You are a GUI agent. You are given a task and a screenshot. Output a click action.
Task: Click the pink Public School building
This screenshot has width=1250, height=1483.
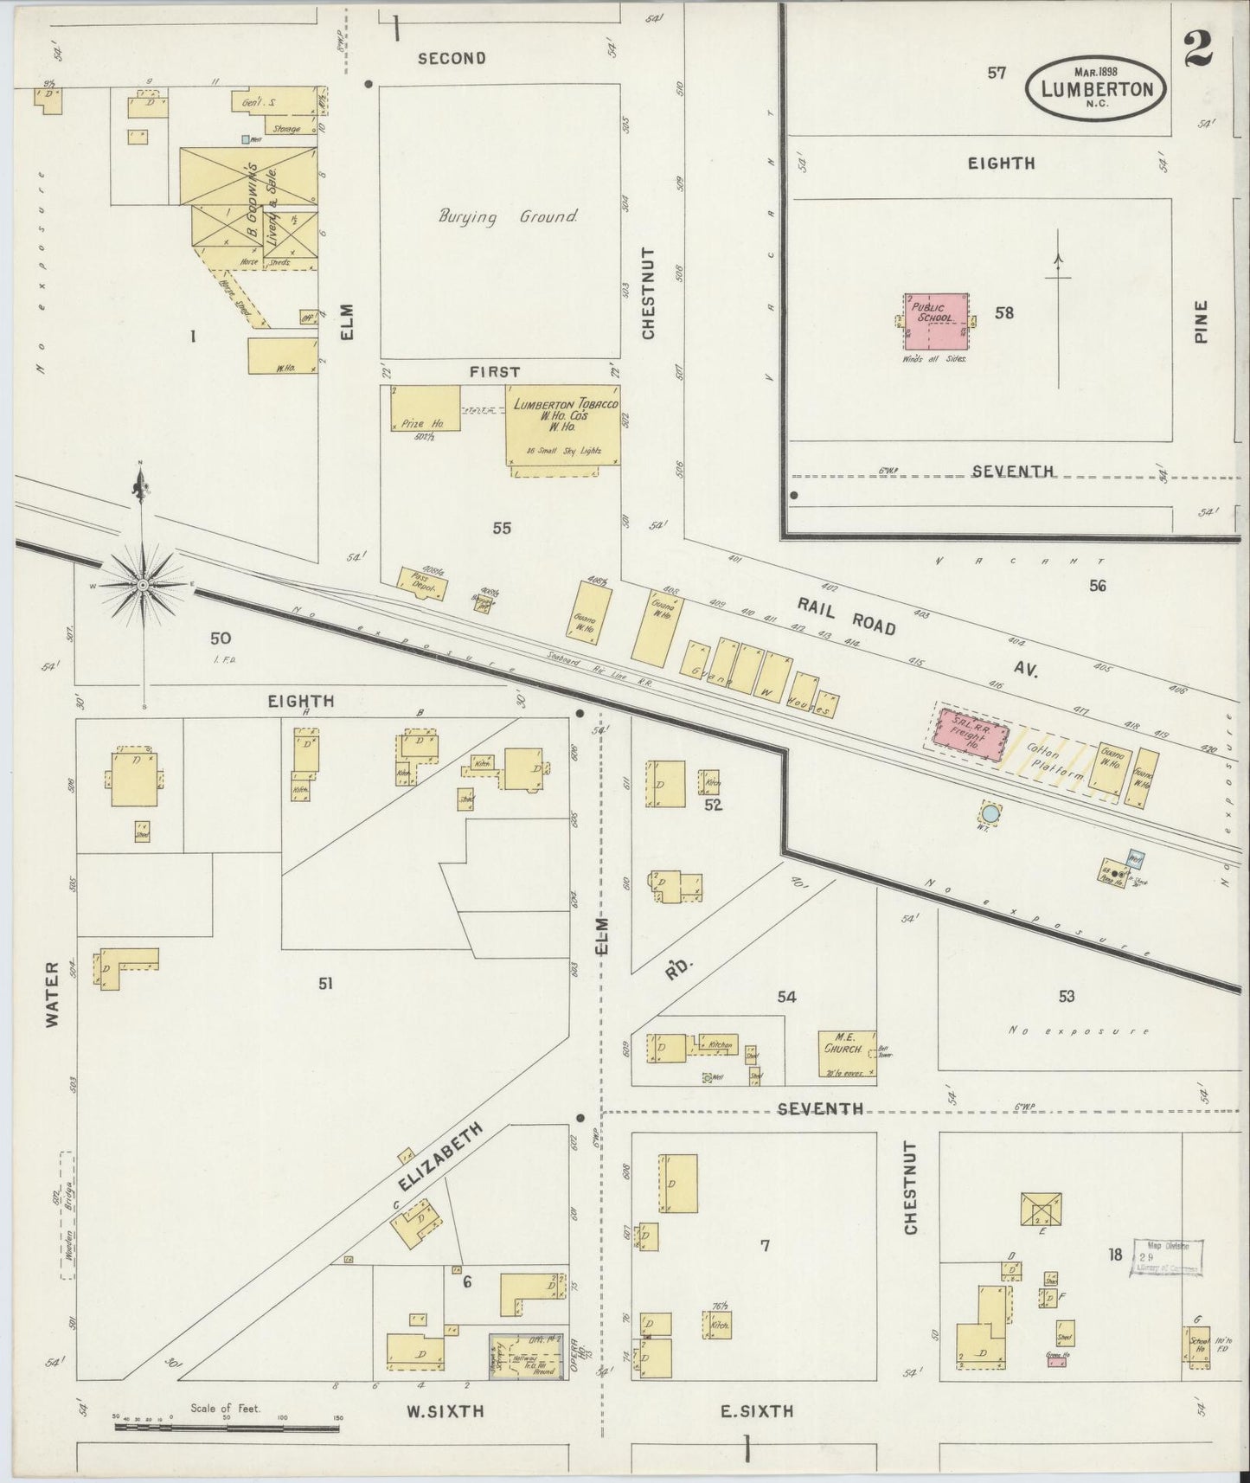click(x=936, y=321)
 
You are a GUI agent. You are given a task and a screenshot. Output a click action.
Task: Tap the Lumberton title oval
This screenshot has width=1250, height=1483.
click(x=1096, y=88)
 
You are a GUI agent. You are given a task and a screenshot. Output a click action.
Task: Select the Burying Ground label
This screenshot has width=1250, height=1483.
click(x=508, y=216)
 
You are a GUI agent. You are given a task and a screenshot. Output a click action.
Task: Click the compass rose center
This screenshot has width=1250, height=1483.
click(x=142, y=586)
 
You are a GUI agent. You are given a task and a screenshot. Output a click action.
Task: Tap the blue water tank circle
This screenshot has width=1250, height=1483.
click(x=990, y=813)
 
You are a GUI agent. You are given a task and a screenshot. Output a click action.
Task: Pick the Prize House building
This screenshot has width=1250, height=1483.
click(x=425, y=408)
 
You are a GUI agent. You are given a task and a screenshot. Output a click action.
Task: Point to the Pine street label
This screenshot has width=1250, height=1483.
click(x=1200, y=321)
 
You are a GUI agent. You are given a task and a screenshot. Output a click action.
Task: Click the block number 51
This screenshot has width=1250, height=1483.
click(x=325, y=983)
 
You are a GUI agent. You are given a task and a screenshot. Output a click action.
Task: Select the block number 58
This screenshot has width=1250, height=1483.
click(x=1003, y=313)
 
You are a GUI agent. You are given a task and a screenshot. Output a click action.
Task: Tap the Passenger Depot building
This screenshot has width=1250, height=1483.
click(x=423, y=584)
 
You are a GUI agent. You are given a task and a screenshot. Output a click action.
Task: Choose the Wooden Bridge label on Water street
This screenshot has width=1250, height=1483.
click(x=67, y=1216)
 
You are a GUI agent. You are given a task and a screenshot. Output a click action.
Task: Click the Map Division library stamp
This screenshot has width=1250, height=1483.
click(x=1166, y=1257)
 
